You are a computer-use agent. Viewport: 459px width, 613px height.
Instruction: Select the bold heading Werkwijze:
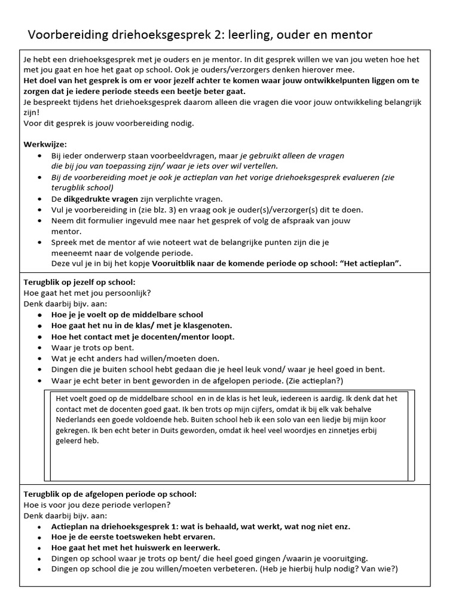point(45,144)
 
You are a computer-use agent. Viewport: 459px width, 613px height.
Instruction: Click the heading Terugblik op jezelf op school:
point(79,282)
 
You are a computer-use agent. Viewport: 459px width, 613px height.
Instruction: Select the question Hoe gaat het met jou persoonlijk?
point(87,293)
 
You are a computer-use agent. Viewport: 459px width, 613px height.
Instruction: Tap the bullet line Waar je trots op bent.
point(93,348)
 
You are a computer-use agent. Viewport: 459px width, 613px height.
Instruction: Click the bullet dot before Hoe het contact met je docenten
point(39,337)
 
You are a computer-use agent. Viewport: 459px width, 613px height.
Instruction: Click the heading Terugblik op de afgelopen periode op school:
point(109,494)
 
